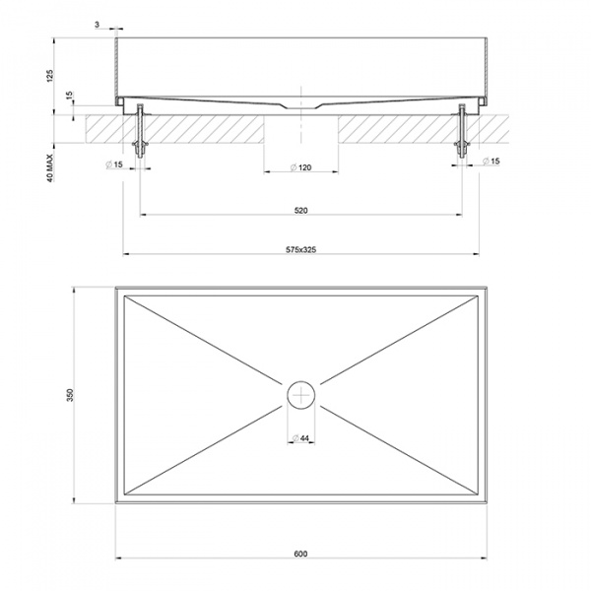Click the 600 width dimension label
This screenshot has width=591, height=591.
300,554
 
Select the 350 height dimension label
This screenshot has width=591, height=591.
71,395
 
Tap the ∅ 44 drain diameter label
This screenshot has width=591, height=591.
300,438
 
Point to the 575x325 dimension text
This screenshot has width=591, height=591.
300,249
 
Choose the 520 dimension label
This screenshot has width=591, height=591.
300,211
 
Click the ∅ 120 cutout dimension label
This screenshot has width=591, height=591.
301,167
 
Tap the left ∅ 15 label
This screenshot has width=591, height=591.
114,164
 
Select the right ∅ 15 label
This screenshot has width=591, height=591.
492,162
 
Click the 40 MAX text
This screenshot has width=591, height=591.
50,168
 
